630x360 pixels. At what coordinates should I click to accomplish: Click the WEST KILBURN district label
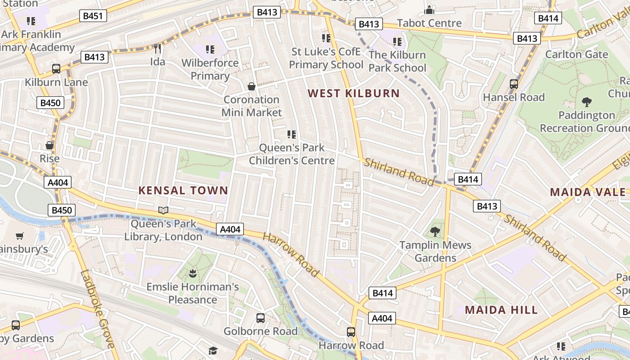[354, 94]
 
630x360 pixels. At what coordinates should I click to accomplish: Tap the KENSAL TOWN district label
[183, 190]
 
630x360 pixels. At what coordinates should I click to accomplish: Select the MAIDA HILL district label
[501, 310]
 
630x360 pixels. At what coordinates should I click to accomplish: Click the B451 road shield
[93, 16]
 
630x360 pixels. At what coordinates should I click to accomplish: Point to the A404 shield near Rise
[58, 182]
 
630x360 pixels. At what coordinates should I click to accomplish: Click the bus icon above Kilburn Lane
[56, 69]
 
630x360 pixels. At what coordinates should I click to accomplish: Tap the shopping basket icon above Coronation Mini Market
[252, 86]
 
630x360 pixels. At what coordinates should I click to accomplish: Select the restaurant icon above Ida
[157, 48]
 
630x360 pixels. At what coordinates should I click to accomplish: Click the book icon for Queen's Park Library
[163, 210]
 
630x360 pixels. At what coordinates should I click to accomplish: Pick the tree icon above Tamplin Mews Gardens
[435, 232]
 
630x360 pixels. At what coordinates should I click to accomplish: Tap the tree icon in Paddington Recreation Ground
[586, 102]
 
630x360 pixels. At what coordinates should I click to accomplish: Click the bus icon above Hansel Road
[513, 84]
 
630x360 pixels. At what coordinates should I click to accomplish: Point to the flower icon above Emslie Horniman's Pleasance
[193, 273]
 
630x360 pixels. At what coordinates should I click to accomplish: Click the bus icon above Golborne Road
[261, 318]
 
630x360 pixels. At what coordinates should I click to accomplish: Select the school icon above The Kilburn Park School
[397, 42]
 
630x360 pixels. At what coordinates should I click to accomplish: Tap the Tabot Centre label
[429, 23]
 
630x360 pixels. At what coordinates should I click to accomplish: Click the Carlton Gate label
[576, 54]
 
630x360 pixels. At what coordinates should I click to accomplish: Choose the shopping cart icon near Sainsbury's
[19, 236]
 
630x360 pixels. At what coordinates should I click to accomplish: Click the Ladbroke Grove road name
[98, 309]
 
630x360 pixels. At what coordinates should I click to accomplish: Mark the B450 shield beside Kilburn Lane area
[50, 103]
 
